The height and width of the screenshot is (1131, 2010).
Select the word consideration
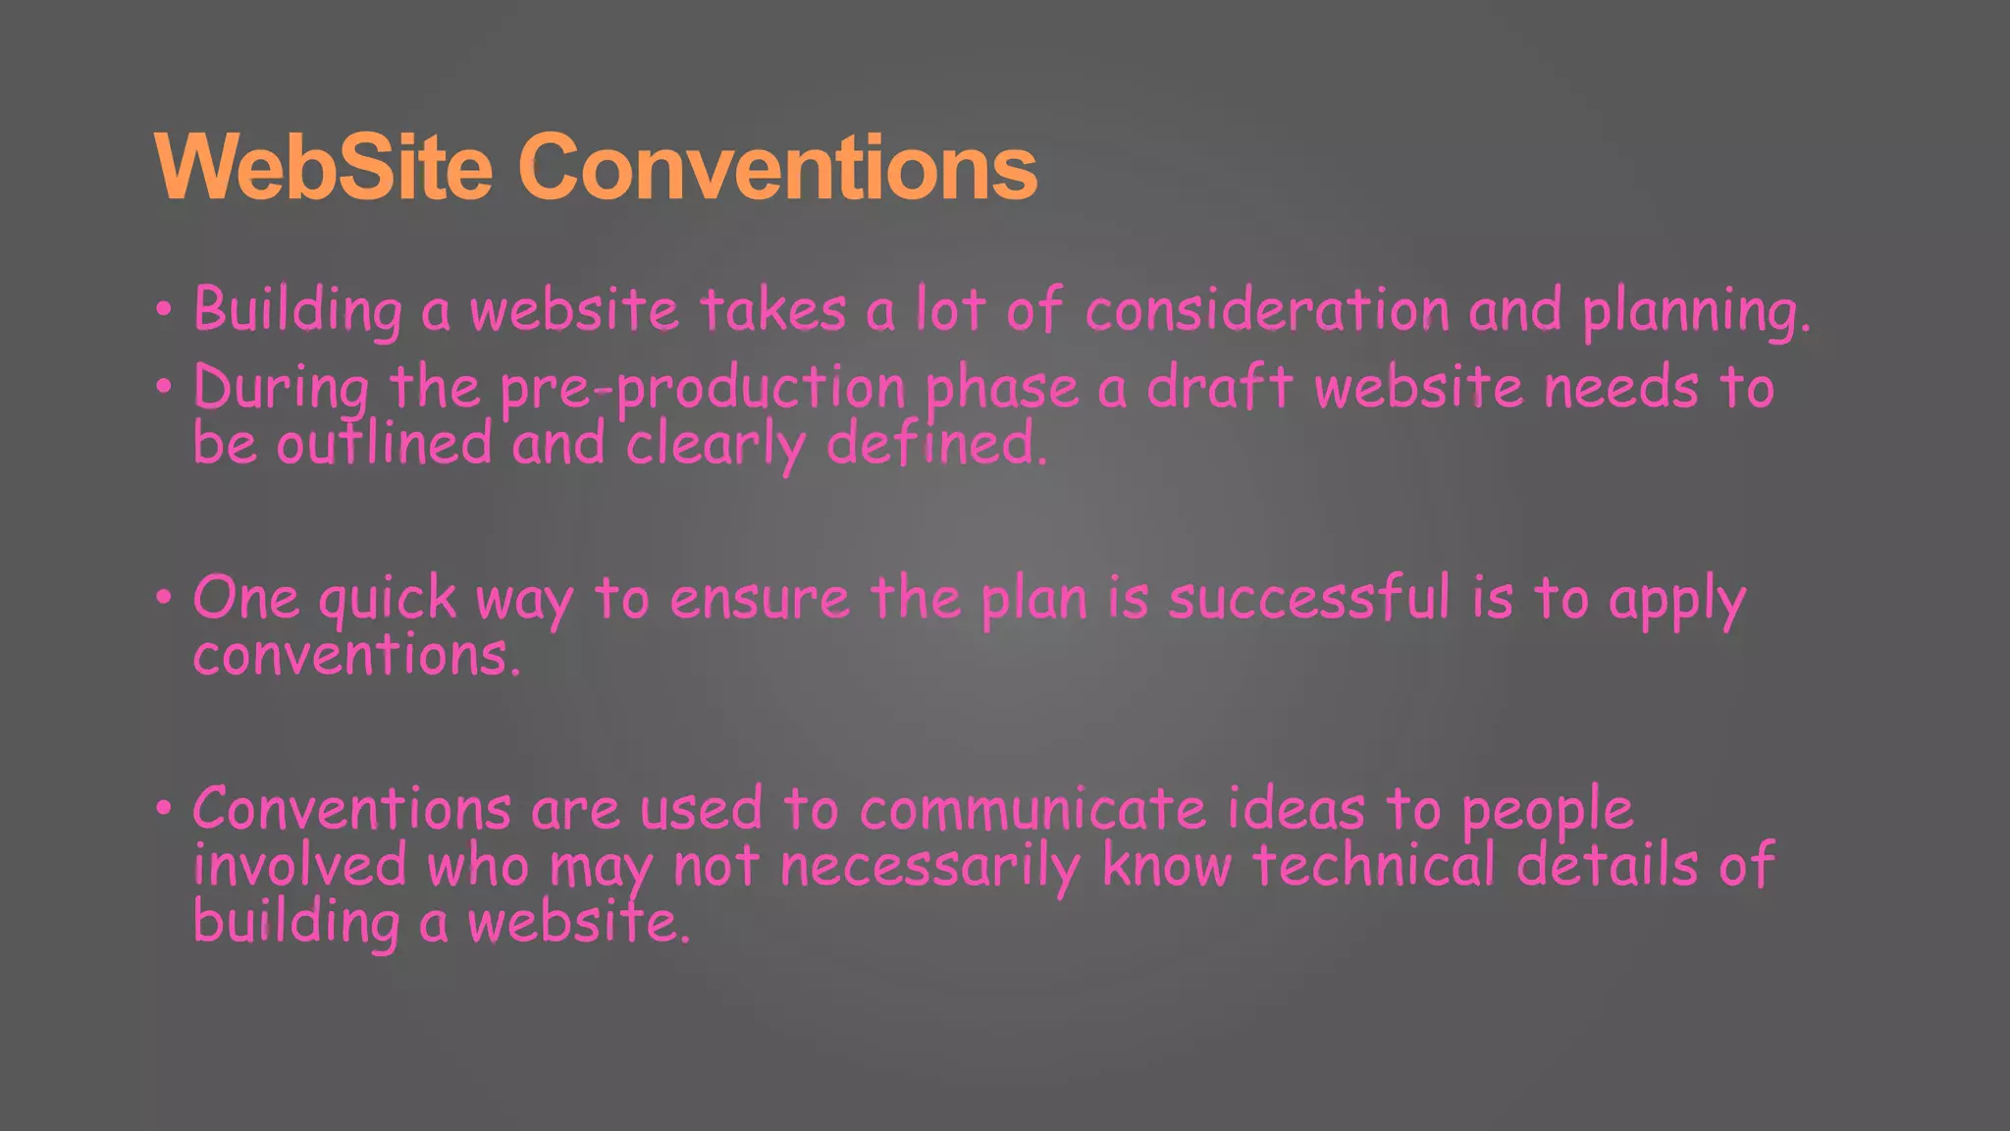click(1267, 310)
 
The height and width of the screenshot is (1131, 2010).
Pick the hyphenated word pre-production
click(703, 389)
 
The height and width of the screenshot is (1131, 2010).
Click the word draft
click(1220, 387)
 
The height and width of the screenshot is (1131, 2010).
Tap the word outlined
click(384, 444)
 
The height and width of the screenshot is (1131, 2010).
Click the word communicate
click(1032, 810)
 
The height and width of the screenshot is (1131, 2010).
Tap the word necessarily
click(929, 867)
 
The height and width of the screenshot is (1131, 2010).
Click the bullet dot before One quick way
click(164, 598)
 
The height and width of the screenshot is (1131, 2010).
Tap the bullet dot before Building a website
click(164, 310)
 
